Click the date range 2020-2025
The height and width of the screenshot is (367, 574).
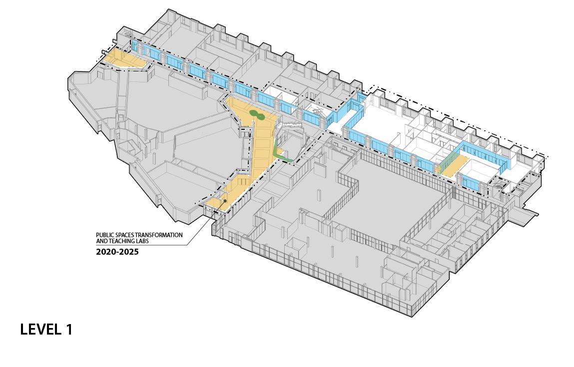pos(117,252)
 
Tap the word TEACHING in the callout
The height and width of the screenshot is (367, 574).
pos(120,241)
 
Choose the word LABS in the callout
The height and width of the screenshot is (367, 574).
pos(142,241)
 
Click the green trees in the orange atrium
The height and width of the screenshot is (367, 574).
pos(257,115)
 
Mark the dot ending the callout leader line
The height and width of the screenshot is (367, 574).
pos(225,201)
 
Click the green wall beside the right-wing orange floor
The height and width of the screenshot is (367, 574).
pos(450,161)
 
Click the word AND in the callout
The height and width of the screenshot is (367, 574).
pos(101,241)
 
